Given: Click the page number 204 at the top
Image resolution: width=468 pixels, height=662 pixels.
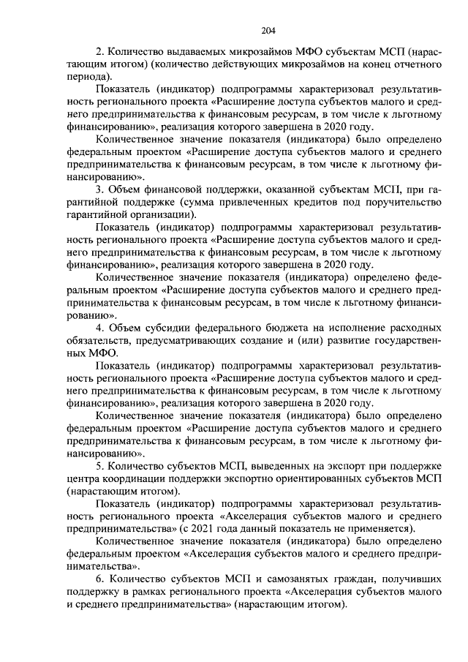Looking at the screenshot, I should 268,30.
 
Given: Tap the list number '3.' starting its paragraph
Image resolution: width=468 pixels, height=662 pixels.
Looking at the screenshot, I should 100,191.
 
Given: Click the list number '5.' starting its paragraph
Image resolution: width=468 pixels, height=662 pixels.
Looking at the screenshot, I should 100,466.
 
